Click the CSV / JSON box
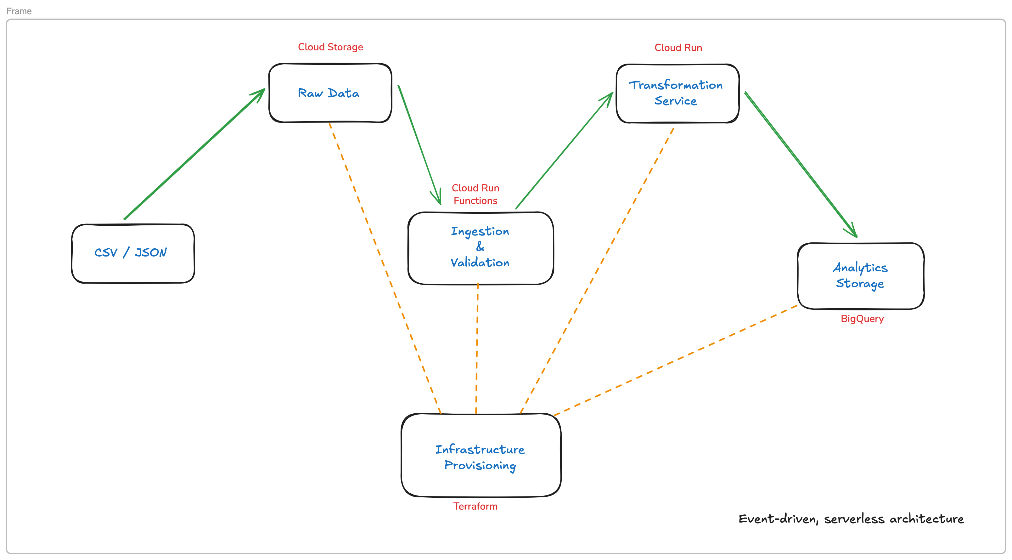(x=133, y=253)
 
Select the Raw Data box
(x=330, y=93)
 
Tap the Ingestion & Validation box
(x=480, y=248)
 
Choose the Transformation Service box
(x=677, y=93)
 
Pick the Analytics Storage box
(x=860, y=275)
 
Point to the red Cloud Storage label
(x=330, y=47)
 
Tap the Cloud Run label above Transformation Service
(x=678, y=48)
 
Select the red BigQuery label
(x=862, y=319)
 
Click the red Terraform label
(x=475, y=506)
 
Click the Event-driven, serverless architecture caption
(x=851, y=519)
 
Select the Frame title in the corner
(x=19, y=11)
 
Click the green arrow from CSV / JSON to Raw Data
(x=194, y=154)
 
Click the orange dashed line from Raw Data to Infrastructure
(x=385, y=269)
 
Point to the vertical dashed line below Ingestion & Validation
(x=477, y=348)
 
